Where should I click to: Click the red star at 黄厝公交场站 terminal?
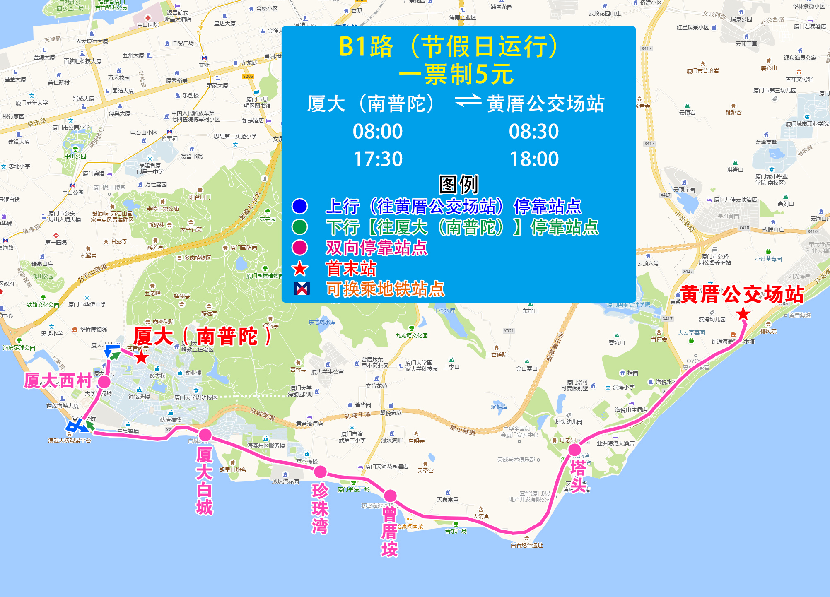coord(743,314)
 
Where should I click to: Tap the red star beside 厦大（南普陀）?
coord(142,356)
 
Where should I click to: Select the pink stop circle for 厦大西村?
coord(104,382)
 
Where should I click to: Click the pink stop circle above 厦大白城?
coord(205,435)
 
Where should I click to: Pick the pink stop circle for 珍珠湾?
coord(320,472)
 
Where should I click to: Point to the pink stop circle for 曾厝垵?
coord(390,496)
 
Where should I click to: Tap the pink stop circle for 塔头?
coord(574,450)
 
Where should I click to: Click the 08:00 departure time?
coord(377,131)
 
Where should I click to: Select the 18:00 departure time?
coord(534,159)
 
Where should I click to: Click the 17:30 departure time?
coord(377,159)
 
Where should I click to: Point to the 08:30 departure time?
coord(534,131)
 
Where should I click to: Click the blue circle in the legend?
coord(299,206)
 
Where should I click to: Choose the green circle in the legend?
coord(299,227)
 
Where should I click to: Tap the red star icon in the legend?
coord(299,269)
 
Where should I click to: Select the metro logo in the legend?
coord(302,288)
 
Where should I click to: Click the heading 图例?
coord(458,185)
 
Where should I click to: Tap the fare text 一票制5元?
coord(456,75)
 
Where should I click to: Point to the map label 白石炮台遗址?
coord(526,545)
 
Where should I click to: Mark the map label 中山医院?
coord(148,25)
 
